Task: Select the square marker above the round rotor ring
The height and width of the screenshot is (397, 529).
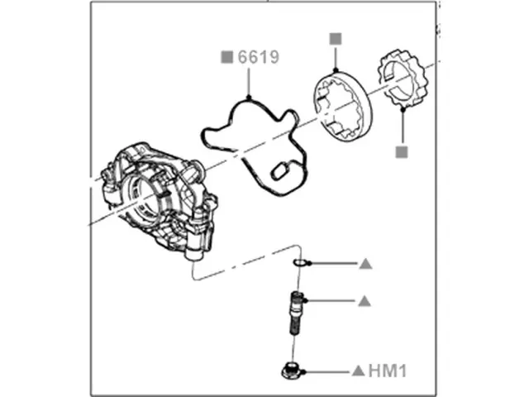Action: click(335, 38)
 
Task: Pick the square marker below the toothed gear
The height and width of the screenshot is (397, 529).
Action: click(402, 152)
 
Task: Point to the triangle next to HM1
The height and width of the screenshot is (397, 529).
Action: click(359, 371)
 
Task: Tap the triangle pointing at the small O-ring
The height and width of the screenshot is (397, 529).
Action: click(365, 265)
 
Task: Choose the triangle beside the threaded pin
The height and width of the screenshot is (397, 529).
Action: click(365, 301)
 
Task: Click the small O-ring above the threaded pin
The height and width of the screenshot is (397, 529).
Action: click(300, 264)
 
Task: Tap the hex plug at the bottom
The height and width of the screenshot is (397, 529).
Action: click(291, 371)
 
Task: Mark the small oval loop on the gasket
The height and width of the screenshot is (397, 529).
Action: click(279, 170)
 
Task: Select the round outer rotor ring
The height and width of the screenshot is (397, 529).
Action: click(342, 112)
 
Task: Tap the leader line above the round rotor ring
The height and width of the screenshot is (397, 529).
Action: click(335, 58)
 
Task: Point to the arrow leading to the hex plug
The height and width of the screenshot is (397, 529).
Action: click(326, 371)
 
